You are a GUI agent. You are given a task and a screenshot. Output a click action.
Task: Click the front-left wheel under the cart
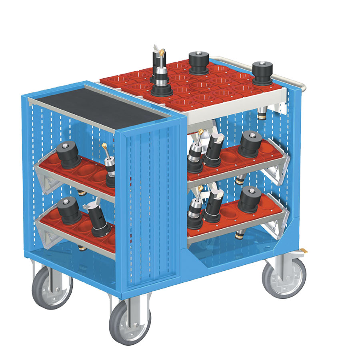coord(52,287)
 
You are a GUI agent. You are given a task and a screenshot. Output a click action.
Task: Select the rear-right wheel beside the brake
coord(284,277)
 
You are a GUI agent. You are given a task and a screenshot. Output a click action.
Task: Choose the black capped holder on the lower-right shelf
coord(251,199)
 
